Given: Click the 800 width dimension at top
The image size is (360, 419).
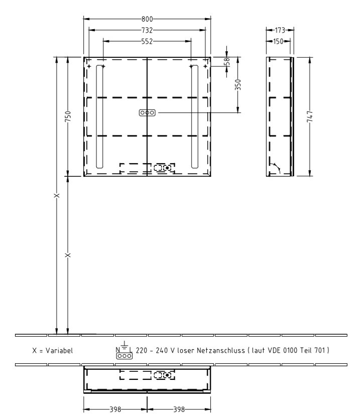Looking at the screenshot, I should tap(147, 19).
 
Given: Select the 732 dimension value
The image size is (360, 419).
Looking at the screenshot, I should tap(147, 30).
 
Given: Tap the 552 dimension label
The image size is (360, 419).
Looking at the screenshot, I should tap(147, 40).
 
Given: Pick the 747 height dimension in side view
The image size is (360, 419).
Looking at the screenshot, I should tap(309, 117).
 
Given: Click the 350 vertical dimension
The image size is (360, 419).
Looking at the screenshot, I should tap(238, 84).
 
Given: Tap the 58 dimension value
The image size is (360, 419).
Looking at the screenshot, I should tap(227, 61).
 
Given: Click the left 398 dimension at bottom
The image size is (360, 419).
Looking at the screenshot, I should tap(115, 409).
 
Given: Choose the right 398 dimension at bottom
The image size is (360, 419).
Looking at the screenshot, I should tap(179, 409).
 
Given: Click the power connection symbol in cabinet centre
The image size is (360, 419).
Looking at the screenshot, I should tap(147, 113).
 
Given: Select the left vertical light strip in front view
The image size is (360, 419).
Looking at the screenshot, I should tap(100, 117).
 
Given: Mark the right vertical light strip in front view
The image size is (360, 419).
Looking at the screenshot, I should tap(194, 117).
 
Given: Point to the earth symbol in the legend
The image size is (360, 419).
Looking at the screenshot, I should tap(124, 345).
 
